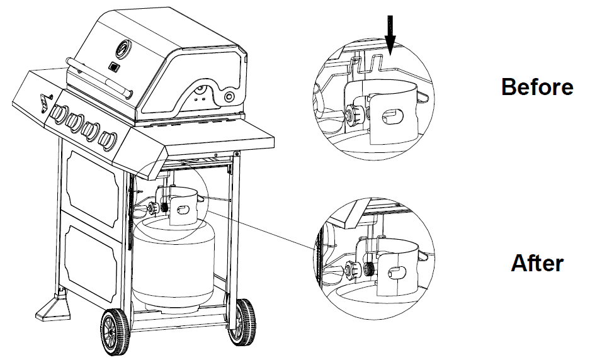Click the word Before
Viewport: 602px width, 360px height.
click(x=537, y=87)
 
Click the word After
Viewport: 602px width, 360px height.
click(x=537, y=262)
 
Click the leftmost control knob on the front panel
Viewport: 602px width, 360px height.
click(x=58, y=113)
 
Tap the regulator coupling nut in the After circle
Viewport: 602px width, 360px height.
click(x=361, y=269)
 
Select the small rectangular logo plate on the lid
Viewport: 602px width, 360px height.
click(x=113, y=66)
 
